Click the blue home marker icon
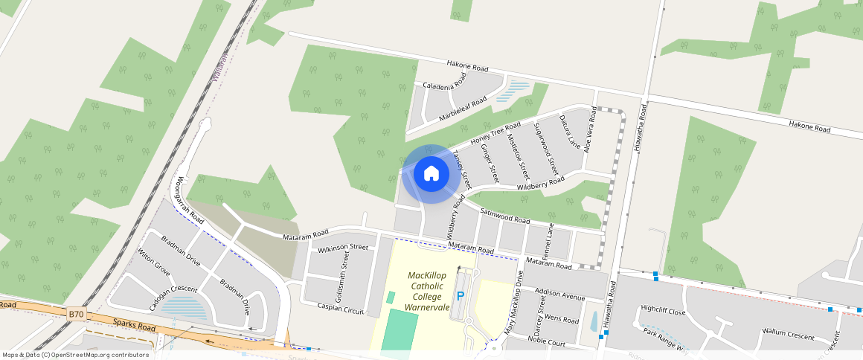(431, 173)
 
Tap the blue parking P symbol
(460, 296)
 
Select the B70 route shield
(76, 315)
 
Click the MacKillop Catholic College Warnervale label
(426, 291)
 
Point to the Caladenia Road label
(445, 81)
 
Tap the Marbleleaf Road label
(463, 109)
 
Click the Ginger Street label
(490, 163)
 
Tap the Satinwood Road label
(504, 216)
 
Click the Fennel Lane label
(551, 240)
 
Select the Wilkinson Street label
(343, 247)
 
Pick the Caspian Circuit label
(340, 306)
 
